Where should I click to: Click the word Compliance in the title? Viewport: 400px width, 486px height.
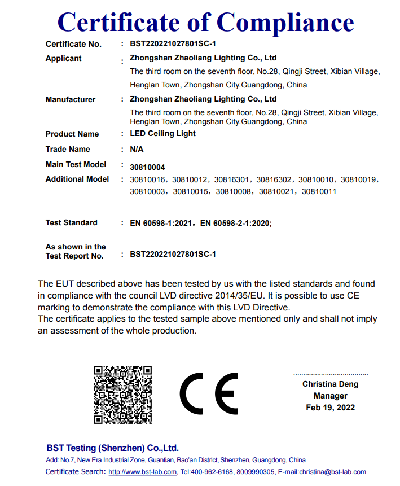pyautogui.click(x=285, y=22)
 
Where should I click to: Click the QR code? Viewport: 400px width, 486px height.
pyautogui.click(x=123, y=395)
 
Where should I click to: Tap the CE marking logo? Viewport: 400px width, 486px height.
pyautogui.click(x=209, y=394)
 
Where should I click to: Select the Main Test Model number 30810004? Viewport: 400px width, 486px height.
pyautogui.click(x=147, y=167)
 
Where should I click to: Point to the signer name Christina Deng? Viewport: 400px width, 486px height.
pyautogui.click(x=330, y=384)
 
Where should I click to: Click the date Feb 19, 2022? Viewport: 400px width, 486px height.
pyautogui.click(x=330, y=408)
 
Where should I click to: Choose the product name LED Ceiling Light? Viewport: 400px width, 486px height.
pyautogui.click(x=163, y=134)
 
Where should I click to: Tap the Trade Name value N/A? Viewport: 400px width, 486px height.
pyautogui.click(x=137, y=150)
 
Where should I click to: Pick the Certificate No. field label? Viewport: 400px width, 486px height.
pyautogui.click(x=73, y=44)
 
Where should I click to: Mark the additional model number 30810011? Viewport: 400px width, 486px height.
pyautogui.click(x=319, y=192)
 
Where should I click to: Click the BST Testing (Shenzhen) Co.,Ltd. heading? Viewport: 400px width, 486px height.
pyautogui.click(x=112, y=448)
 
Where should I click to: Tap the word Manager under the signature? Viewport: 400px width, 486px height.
pyautogui.click(x=330, y=396)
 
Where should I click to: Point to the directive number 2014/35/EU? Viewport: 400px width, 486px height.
pyautogui.click(x=242, y=295)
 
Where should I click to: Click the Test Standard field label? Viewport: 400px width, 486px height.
pyautogui.click(x=71, y=222)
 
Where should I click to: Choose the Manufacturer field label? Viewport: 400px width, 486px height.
pyautogui.click(x=71, y=99)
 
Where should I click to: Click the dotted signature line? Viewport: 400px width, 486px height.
pyautogui.click(x=330, y=374)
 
